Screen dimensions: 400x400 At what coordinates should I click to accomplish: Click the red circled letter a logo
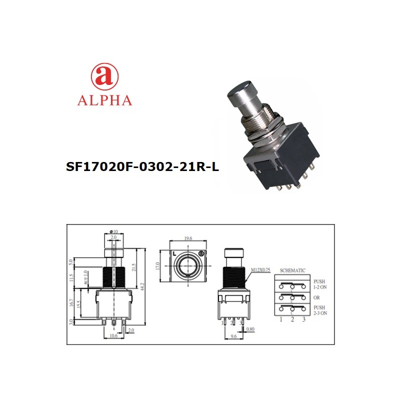click(104, 75)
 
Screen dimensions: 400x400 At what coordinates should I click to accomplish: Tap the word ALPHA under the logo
click(104, 100)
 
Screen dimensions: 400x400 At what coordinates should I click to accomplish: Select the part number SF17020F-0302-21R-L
click(142, 166)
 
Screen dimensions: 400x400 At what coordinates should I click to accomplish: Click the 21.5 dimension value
click(133, 267)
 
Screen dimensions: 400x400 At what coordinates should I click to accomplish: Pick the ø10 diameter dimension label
click(113, 231)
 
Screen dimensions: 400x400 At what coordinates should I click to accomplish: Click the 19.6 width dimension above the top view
click(188, 238)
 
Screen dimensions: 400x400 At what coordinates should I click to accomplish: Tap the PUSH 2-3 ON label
click(320, 310)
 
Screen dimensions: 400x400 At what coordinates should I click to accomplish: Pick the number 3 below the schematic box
click(303, 319)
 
